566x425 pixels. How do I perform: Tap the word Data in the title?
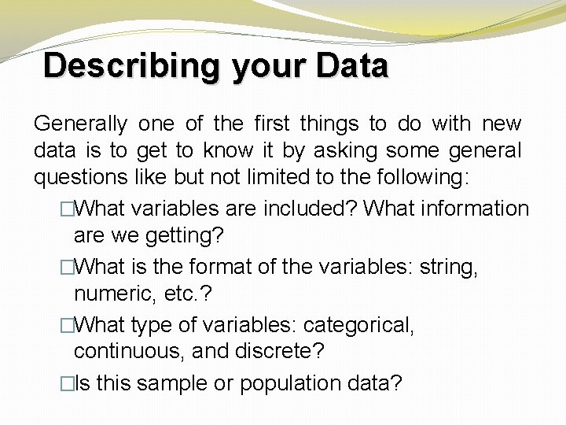pyautogui.click(x=352, y=65)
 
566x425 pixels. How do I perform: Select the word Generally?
pyautogui.click(x=80, y=124)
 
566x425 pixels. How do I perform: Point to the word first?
pyautogui.click(x=273, y=124)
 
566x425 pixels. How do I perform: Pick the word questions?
pyautogui.click(x=80, y=178)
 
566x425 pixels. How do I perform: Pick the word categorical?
pyautogui.click(x=358, y=325)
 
